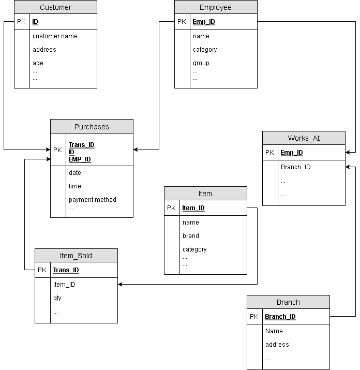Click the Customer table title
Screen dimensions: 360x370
coord(55,7)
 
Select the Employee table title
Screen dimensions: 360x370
coord(216,7)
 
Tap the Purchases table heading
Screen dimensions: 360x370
coord(92,127)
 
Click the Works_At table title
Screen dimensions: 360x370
coord(304,138)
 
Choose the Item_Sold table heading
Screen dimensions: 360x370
coord(76,256)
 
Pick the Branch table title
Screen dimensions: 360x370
coord(288,302)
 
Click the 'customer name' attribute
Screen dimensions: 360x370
coord(55,36)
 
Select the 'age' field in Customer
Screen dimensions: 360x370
coord(38,63)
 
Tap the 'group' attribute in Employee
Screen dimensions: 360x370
coord(201,63)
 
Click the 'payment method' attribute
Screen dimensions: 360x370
coord(93,200)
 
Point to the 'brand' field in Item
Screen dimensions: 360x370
coord(191,236)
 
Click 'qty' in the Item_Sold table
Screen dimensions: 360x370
coord(57,298)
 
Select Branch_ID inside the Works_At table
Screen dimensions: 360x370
coord(295,167)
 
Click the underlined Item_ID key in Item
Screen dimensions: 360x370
coord(193,208)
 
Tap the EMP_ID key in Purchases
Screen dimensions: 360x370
coord(80,159)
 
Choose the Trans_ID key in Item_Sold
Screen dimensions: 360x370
coord(66,270)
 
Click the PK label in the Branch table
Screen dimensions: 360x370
coord(254,316)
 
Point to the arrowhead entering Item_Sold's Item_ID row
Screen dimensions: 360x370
coord(119,284)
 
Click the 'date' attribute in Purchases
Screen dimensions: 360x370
coord(75,173)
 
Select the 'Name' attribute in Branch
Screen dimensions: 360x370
coord(274,331)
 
